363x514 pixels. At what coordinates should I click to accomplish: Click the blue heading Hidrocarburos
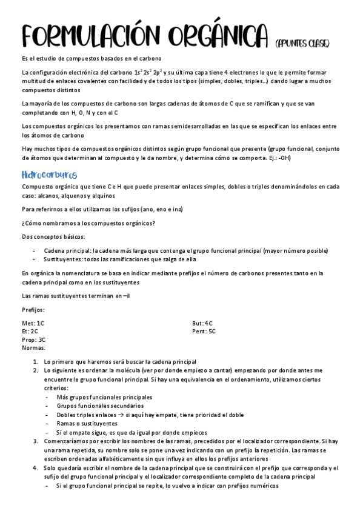pyautogui.click(x=49, y=175)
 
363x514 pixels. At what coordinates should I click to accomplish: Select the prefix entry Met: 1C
pyautogui.click(x=33, y=323)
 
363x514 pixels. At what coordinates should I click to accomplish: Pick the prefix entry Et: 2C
pyautogui.click(x=30, y=332)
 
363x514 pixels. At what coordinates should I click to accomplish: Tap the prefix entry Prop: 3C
pyautogui.click(x=33, y=340)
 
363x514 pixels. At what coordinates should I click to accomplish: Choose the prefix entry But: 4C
pyautogui.click(x=202, y=323)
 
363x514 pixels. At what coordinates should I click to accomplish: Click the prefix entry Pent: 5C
pyautogui.click(x=204, y=332)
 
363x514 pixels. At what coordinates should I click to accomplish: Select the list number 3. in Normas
pyautogui.click(x=36, y=441)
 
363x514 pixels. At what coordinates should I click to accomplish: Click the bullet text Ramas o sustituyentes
pyautogui.click(x=87, y=424)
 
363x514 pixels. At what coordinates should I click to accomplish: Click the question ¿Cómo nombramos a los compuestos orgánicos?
pyautogui.click(x=88, y=222)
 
